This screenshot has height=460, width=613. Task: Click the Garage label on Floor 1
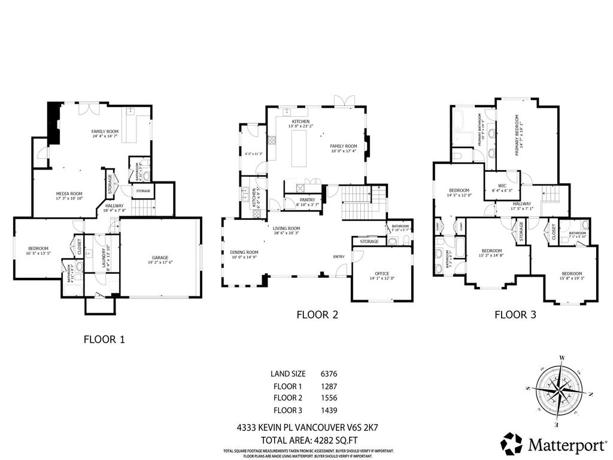coord(159,259)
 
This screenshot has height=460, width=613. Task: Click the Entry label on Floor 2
coord(339,257)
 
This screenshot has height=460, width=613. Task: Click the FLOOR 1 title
coord(104,339)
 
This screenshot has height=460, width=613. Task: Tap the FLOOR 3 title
coord(514,314)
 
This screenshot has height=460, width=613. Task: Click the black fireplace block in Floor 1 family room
coord(54,123)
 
